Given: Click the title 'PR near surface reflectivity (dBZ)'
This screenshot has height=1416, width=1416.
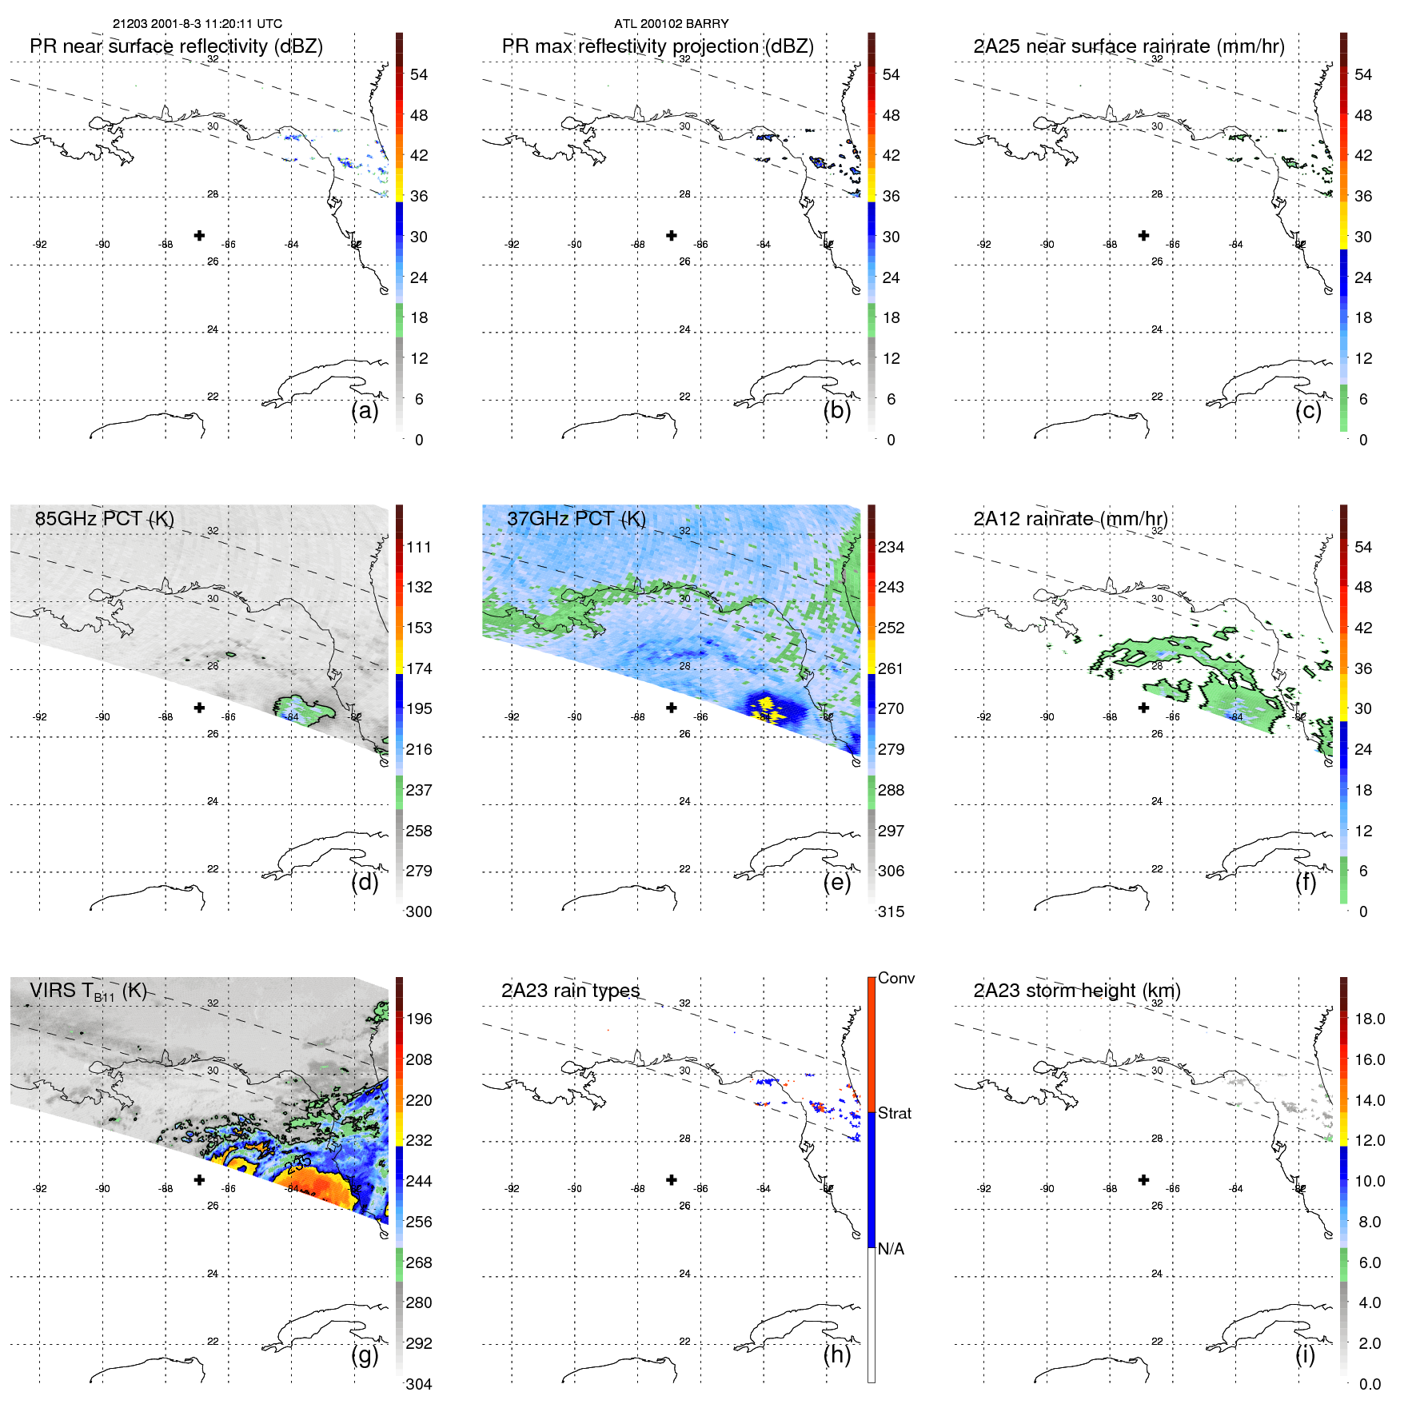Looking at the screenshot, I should [x=176, y=46].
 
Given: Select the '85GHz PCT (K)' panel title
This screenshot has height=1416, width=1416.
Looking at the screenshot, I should [x=104, y=518].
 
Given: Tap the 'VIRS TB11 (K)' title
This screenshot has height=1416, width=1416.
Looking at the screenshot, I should [x=88, y=991].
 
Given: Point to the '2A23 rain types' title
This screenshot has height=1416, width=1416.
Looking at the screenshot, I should [x=570, y=991].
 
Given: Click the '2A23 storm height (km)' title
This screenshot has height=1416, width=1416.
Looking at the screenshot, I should [x=1076, y=991].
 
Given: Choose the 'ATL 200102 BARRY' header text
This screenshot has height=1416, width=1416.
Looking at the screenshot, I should [x=671, y=23].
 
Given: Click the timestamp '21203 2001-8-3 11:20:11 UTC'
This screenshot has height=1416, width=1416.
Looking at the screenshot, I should [x=197, y=23].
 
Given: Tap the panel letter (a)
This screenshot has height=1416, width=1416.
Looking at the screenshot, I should [x=365, y=410].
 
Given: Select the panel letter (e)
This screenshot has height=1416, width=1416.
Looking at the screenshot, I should [x=836, y=882].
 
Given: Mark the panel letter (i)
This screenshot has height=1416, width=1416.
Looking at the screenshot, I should [x=1305, y=1354].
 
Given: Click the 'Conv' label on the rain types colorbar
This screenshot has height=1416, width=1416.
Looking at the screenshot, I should [x=895, y=978].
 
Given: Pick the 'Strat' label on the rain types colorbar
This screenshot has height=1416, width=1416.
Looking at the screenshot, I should [x=894, y=1113].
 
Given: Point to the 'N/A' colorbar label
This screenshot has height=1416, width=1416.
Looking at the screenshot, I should [x=891, y=1249].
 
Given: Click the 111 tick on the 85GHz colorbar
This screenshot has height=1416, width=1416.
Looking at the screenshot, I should [x=419, y=547].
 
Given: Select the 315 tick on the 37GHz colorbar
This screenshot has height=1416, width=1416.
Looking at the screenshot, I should [x=891, y=911].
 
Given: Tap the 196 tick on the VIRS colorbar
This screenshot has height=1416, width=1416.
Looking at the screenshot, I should [x=419, y=1019].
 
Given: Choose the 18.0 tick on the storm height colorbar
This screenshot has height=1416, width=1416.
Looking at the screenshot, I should [x=1369, y=1019].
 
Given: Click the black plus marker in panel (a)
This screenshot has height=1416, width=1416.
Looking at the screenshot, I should [x=199, y=235].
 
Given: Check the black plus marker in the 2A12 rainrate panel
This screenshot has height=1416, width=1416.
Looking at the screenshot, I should [x=1143, y=708].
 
